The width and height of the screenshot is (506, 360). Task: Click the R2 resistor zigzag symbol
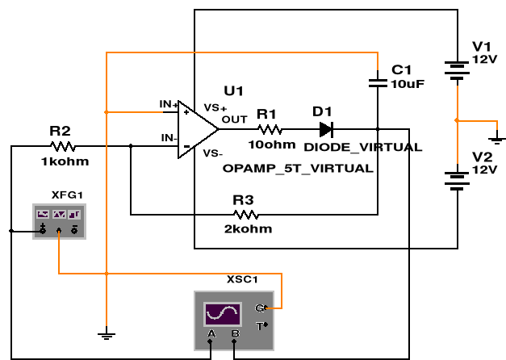click(62, 146)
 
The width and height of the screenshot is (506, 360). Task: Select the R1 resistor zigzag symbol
click(270, 129)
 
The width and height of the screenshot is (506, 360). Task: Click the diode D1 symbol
click(325, 129)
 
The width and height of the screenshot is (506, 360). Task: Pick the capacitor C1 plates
click(376, 81)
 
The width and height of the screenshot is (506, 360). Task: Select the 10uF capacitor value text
click(407, 83)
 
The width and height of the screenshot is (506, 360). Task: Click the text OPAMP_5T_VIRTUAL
click(298, 169)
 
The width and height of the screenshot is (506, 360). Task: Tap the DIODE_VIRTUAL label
click(362, 148)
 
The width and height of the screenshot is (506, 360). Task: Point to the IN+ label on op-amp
click(168, 104)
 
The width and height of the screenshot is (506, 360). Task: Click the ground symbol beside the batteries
click(499, 134)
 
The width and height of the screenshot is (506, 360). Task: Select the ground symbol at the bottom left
click(106, 333)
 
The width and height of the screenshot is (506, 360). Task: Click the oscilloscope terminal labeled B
click(234, 334)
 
